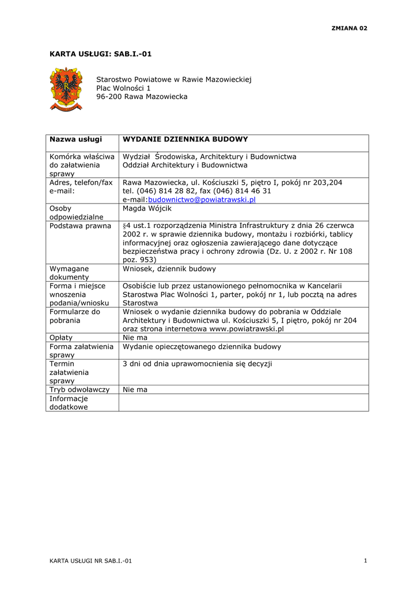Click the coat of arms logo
pos(66,89)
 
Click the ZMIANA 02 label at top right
pos(348,28)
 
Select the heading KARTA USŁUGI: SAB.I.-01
pos(101,54)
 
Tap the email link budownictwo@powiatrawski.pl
pos(202,200)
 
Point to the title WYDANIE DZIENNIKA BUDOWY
pos(185,139)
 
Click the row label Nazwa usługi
pos(75,139)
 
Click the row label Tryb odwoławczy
pos(79,389)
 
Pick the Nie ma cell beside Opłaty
pos(135,338)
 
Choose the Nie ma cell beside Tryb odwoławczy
pos(135,389)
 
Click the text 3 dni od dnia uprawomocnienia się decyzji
pos(198,364)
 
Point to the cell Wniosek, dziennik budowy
pos(169,269)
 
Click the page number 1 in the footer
pos(366,561)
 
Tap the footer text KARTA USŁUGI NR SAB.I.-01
pos(90,561)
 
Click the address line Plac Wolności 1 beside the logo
pos(123,88)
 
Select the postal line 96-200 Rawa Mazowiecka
pos(142,97)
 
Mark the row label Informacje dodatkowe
pos(69,402)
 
